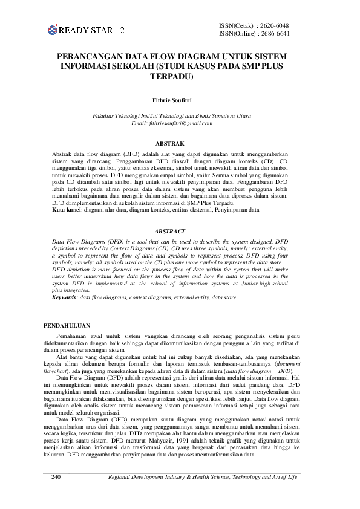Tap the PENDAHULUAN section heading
pyautogui.click(x=67, y=325)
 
